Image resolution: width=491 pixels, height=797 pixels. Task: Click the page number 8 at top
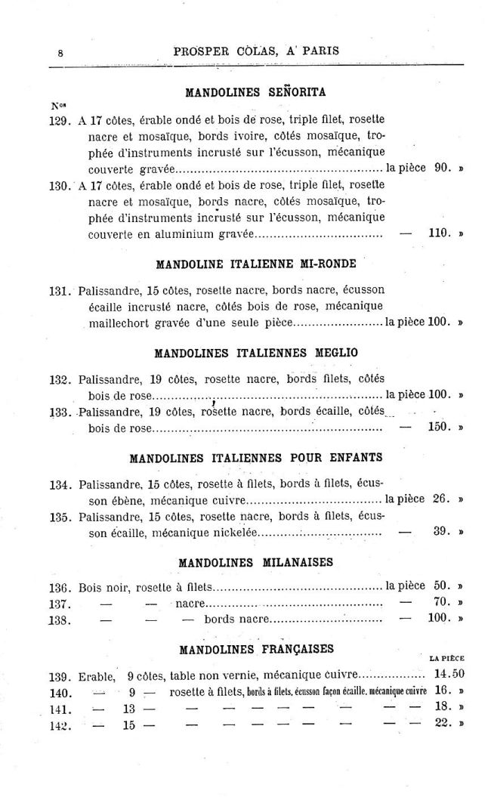[x=59, y=52]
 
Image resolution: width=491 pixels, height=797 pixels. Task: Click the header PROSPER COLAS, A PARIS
[x=256, y=51]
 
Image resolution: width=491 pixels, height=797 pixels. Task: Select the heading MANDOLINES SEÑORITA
[x=255, y=93]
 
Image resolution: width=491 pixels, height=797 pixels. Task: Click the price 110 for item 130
[x=438, y=233]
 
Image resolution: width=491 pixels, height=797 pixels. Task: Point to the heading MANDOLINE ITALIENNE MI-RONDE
[x=255, y=265]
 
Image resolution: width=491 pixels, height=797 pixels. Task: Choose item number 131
[x=60, y=291]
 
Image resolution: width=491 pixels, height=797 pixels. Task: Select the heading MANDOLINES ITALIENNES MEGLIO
[x=255, y=353]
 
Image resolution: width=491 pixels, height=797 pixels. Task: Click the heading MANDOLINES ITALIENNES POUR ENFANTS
[x=255, y=458]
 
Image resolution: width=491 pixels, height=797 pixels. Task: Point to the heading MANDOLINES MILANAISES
[x=255, y=563]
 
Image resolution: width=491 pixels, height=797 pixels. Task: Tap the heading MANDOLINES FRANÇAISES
[x=255, y=649]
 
